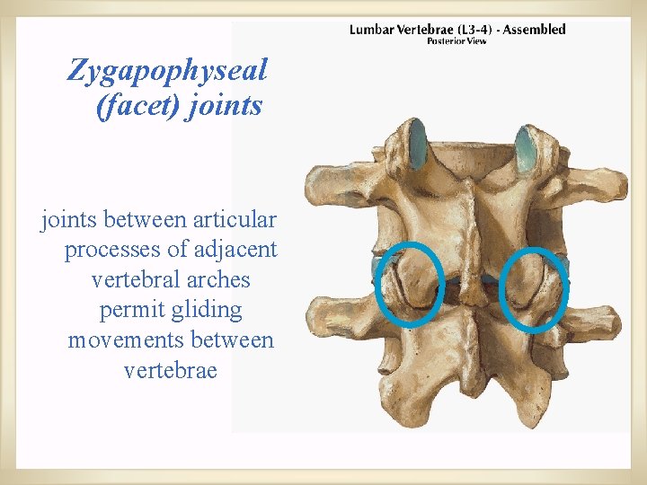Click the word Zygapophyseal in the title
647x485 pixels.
pyautogui.click(x=167, y=69)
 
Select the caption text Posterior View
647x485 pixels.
pyautogui.click(x=456, y=41)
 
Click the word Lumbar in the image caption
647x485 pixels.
pyautogui.click(x=371, y=30)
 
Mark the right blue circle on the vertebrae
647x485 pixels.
pyautogui.click(x=534, y=287)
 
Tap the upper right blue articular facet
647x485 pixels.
pyautogui.click(x=527, y=147)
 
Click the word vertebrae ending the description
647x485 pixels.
pyautogui.click(x=171, y=370)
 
